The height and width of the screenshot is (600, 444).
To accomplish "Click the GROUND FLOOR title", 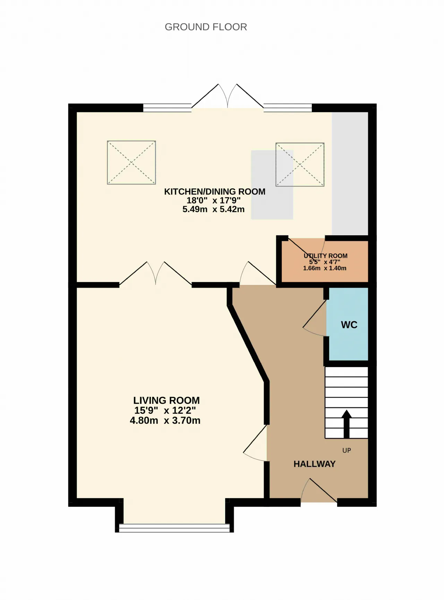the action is point(206,27).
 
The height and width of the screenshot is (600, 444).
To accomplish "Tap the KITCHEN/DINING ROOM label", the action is point(215,192).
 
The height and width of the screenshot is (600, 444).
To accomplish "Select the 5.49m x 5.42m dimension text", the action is point(213,209).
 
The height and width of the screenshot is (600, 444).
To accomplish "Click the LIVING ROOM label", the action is point(166,400).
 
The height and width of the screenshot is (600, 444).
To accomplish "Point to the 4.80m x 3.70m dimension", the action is point(165,420).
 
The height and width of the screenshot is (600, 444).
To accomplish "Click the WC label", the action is point(349,325).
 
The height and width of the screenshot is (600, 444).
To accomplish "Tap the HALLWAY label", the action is point(315,464).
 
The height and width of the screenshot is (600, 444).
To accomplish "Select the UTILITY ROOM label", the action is point(325,256).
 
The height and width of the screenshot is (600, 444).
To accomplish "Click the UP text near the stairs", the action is point(347,450).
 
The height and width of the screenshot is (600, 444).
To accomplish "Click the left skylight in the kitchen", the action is point(131,162).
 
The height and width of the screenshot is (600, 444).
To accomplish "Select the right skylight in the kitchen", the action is point(300,165).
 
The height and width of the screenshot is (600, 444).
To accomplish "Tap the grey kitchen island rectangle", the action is point(272,185).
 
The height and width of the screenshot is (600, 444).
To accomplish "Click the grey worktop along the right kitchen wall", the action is point(350,173).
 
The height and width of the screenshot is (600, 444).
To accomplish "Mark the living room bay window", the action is point(174,528).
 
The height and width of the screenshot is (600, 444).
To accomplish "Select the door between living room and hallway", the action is point(255,443).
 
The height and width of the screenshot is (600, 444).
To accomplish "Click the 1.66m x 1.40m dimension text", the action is point(325,268).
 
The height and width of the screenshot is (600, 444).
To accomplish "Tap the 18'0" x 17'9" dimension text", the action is point(214,200).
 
